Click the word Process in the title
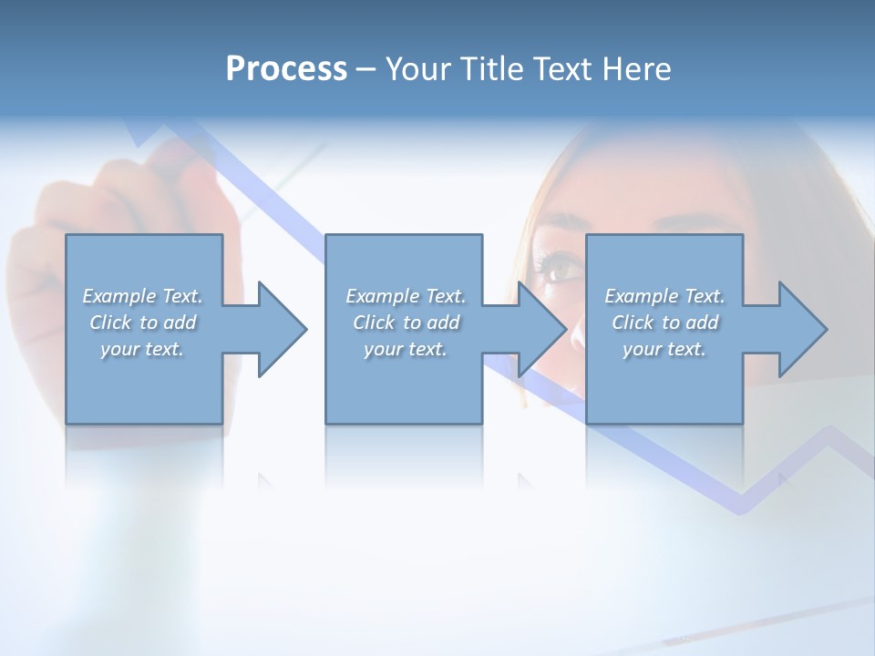click(x=286, y=69)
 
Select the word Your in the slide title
click(x=417, y=69)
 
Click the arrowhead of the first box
click(x=283, y=329)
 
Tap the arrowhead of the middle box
click(x=542, y=329)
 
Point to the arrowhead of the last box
click(x=802, y=329)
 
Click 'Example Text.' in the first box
click(x=143, y=296)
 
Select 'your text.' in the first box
click(x=142, y=349)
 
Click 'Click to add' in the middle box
click(x=406, y=323)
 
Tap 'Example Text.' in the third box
click(x=664, y=296)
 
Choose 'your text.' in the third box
click(x=664, y=349)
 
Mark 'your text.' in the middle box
click(x=406, y=349)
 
